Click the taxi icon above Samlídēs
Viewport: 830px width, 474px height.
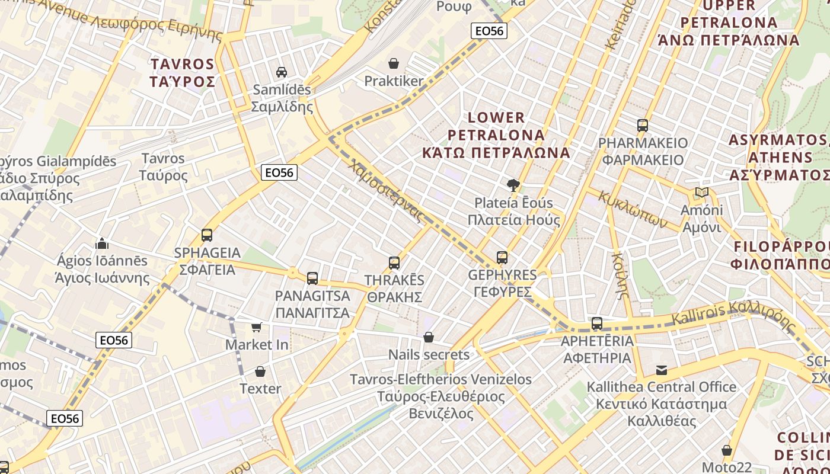(x=282, y=72)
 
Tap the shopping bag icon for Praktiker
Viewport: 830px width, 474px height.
(x=394, y=63)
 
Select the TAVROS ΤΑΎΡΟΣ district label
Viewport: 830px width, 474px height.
(x=183, y=73)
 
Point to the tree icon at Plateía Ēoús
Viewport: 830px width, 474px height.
(x=513, y=185)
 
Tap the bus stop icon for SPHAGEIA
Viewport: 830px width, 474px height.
(x=207, y=235)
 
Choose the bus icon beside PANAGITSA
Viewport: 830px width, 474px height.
(x=312, y=278)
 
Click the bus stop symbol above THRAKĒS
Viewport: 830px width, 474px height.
(x=394, y=263)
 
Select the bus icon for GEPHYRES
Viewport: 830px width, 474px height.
(x=502, y=258)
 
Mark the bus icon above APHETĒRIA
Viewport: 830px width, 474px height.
(x=597, y=324)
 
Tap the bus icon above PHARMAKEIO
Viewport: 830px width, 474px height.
(x=643, y=126)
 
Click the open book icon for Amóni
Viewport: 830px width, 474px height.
(x=702, y=193)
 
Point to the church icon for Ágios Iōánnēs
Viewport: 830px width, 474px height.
(x=102, y=244)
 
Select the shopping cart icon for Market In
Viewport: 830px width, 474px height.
(x=257, y=327)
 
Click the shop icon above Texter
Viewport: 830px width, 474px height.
(x=260, y=371)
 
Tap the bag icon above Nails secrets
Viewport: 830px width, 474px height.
(x=429, y=337)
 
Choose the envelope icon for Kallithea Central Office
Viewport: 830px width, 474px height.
(x=662, y=370)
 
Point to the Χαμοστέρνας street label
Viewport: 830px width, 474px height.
(x=387, y=190)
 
